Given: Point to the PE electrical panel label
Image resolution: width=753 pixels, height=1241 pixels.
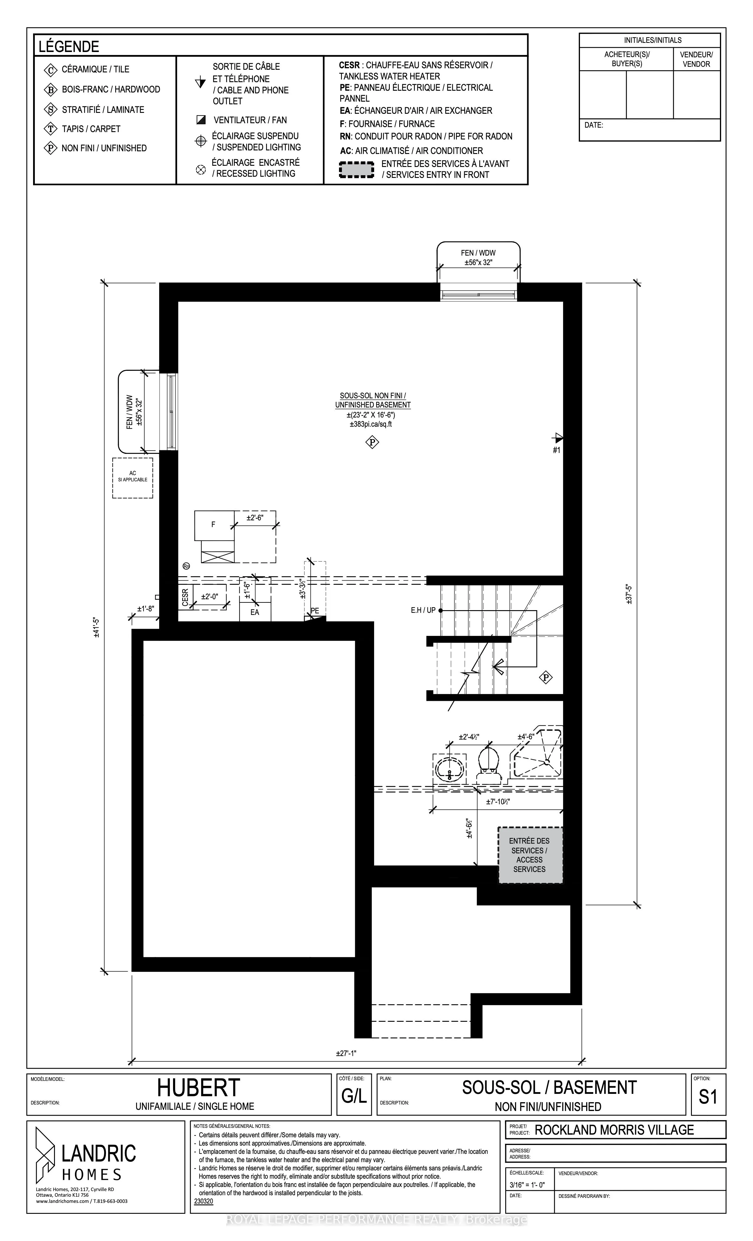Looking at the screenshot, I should click(314, 610).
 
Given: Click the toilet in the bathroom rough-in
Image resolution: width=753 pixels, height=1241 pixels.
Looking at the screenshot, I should click(488, 765).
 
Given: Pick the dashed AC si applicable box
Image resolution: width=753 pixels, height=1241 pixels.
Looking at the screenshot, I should click(132, 477).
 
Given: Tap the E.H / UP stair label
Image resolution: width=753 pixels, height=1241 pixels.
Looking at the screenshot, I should click(423, 610).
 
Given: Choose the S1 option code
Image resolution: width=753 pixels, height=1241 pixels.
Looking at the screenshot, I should click(708, 1097).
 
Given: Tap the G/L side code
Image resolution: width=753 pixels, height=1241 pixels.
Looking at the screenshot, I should click(354, 1097).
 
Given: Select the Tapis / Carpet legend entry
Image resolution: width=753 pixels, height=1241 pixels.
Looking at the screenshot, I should click(91, 129).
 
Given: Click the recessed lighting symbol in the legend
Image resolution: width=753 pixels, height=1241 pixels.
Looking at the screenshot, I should click(200, 169).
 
